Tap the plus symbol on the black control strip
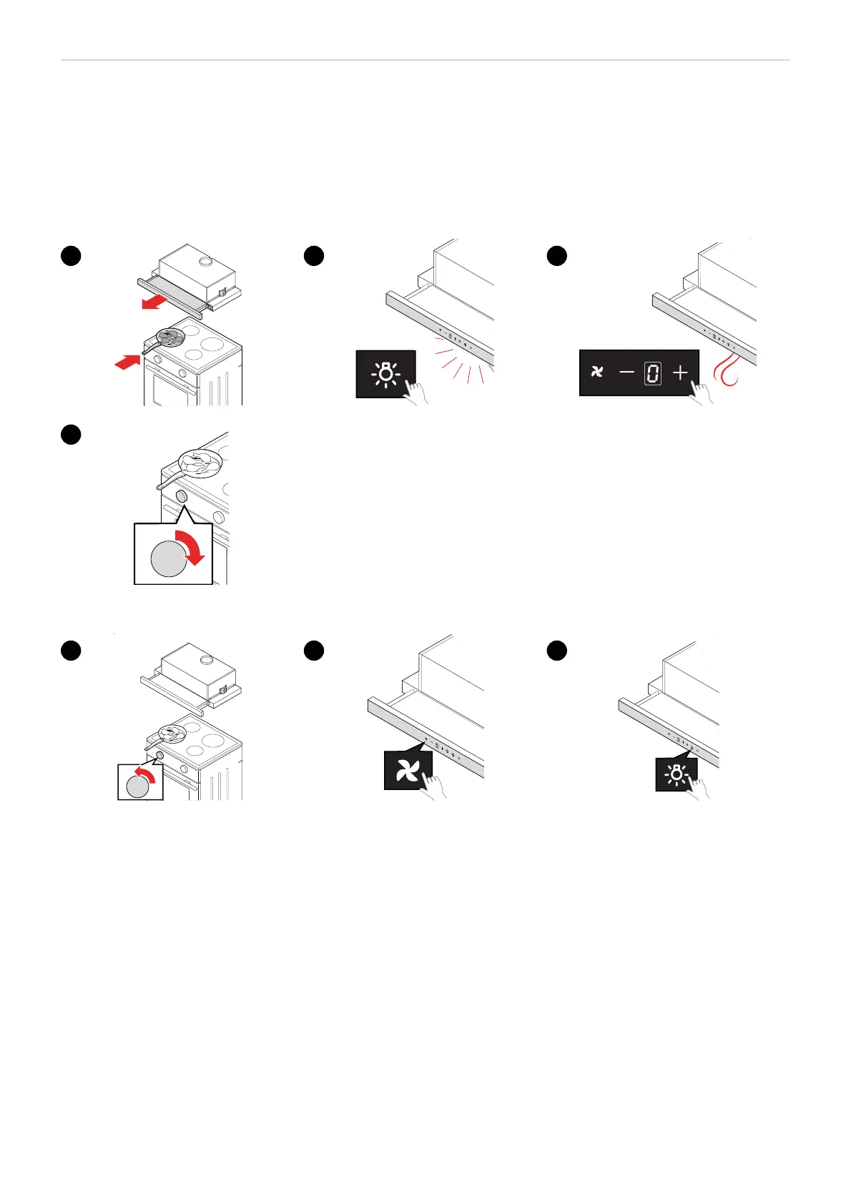680,372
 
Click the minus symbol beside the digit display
626,372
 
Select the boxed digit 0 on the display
652,372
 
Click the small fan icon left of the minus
597,372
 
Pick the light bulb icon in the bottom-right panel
675,774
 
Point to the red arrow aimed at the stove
129,362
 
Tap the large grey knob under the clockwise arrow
169,558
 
